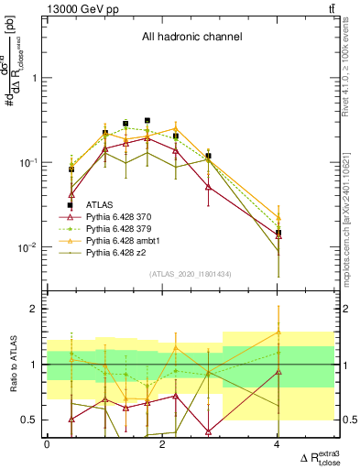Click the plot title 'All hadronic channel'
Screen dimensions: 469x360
(191, 38)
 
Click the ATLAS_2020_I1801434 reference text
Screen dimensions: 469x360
(191, 274)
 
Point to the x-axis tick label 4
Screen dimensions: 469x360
(278, 444)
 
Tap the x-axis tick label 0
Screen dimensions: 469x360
(47, 444)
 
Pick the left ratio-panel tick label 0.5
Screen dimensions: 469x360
(31, 420)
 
